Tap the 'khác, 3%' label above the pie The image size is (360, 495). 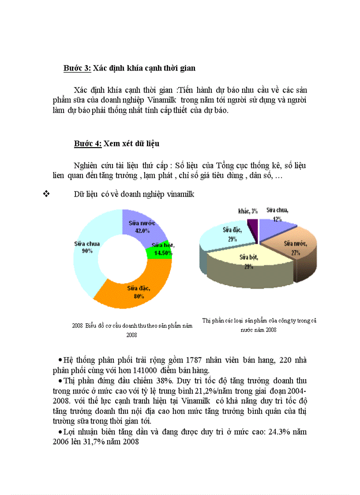[x=248, y=211]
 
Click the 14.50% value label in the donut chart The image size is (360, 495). [x=162, y=253]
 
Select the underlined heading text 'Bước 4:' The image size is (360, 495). [x=88, y=144]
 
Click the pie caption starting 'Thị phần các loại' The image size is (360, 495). [x=259, y=321]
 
